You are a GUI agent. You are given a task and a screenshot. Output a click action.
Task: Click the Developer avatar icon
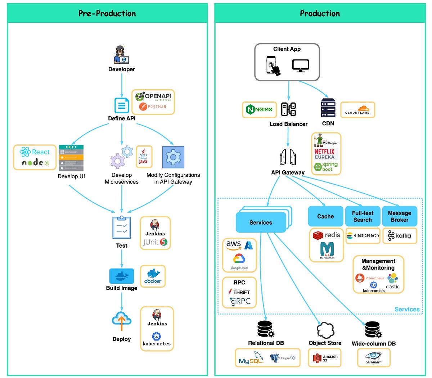[121, 55]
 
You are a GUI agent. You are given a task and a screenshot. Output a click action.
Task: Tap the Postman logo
[153, 107]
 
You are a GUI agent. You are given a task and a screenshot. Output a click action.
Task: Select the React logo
[35, 152]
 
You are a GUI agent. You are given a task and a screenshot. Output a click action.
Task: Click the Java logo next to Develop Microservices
[143, 156]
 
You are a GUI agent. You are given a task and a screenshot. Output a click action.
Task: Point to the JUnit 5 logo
[155, 242]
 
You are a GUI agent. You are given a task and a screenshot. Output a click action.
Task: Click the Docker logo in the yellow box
[153, 276]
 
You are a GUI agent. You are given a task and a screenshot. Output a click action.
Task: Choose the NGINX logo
[259, 109]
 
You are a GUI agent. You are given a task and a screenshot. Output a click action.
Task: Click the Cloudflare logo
[357, 110]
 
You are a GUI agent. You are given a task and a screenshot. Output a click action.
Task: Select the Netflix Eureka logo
[325, 154]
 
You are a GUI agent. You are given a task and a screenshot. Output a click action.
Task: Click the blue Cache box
[325, 216]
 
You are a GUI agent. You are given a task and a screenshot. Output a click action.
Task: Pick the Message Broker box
[399, 216]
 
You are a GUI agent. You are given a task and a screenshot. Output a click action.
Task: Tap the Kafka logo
[399, 236]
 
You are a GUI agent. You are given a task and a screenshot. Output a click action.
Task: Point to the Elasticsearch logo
[363, 235]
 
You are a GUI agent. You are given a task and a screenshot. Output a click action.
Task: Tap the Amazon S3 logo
[325, 358]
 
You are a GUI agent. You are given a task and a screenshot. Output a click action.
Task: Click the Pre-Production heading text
[107, 14]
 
